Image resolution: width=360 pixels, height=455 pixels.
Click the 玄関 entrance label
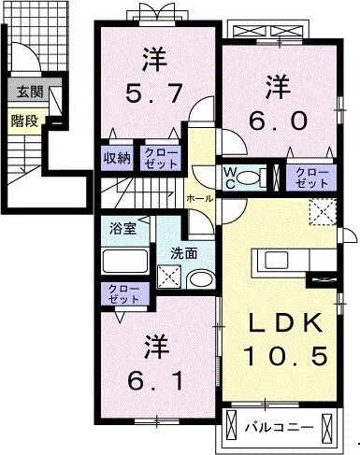[x=30, y=92]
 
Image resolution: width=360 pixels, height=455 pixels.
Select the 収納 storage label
[x=117, y=158]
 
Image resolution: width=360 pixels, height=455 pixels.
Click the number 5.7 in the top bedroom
[x=154, y=93]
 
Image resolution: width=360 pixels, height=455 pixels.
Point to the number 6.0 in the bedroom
[x=278, y=121]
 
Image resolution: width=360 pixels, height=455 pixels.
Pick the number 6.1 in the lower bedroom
[x=155, y=380]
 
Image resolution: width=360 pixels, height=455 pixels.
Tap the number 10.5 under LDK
[x=285, y=355]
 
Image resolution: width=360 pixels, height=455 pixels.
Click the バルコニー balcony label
[x=279, y=427]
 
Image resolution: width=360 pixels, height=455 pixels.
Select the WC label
[x=230, y=178]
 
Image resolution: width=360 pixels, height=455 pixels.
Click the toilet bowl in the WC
[x=248, y=178]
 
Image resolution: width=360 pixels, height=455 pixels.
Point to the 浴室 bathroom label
[x=122, y=229]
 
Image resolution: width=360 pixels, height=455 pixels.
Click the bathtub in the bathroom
[x=125, y=261]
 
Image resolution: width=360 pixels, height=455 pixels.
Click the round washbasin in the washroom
[x=201, y=278]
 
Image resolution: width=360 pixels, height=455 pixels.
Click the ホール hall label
[x=200, y=198]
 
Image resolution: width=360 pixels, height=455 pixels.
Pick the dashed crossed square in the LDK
[x=323, y=211]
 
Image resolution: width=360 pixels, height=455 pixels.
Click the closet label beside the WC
[x=312, y=178]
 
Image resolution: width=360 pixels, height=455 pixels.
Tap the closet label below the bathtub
[x=123, y=294]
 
